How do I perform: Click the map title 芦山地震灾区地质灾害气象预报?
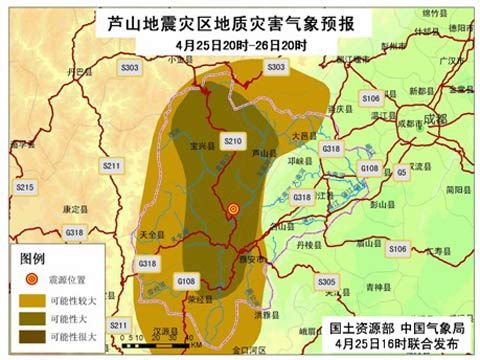tap(240, 23)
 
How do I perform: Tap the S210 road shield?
tap(233, 142)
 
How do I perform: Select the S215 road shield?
tap(25, 187)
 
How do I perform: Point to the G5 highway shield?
tap(401, 172)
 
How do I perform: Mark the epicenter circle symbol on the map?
tap(233, 209)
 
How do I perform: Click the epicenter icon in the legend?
tap(31, 279)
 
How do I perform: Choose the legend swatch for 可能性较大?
tap(31, 300)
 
